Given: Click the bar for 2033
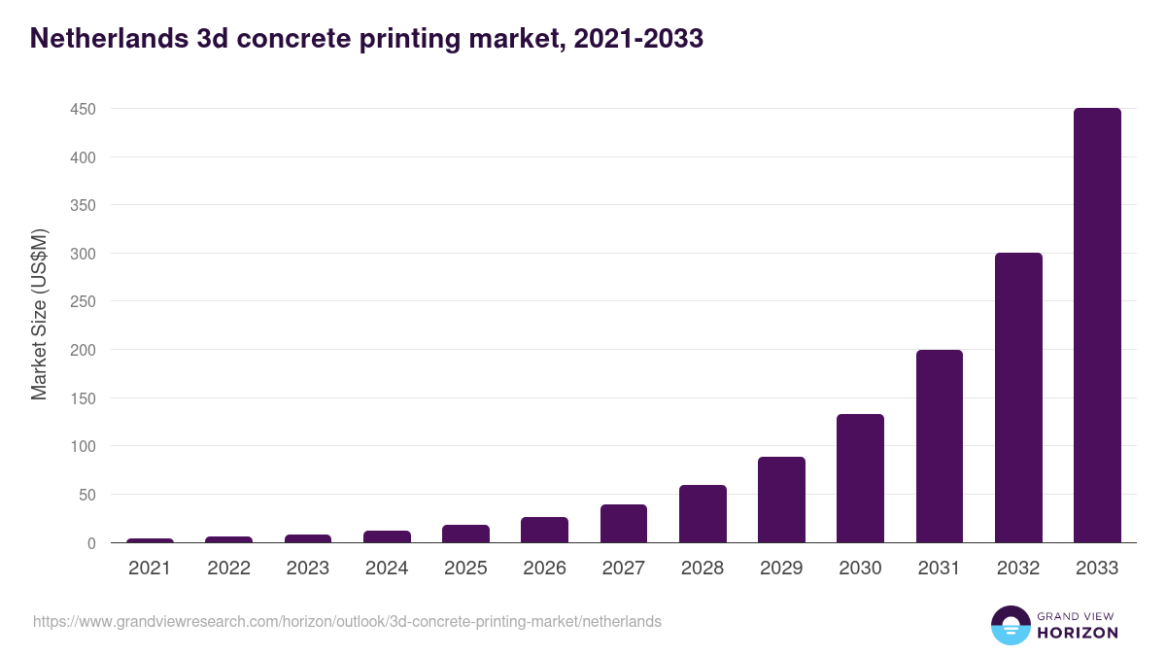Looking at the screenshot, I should click(1097, 326).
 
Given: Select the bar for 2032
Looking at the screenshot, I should click(1018, 397).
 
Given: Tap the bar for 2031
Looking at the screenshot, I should click(940, 446).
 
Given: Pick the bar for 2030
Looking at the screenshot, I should click(860, 478).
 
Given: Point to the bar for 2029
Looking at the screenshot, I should click(781, 500).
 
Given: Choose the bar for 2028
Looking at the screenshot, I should click(703, 514).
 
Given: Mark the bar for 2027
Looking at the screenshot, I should click(624, 524).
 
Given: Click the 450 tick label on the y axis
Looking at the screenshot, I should click(83, 109).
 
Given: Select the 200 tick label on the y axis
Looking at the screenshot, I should click(83, 350).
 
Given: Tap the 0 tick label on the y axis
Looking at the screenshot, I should click(90, 543).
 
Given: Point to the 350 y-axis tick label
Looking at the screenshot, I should click(83, 205).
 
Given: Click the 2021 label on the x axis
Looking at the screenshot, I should click(150, 569).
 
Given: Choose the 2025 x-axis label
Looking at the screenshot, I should click(465, 569).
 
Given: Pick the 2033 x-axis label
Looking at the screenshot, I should click(1097, 569).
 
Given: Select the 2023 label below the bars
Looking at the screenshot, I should click(308, 569).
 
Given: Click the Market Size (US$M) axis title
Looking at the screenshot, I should click(39, 314).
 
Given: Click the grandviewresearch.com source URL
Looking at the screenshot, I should click(347, 621).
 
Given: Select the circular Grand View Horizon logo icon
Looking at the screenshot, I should click(1010, 625).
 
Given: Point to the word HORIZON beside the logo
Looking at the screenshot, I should click(1078, 633).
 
